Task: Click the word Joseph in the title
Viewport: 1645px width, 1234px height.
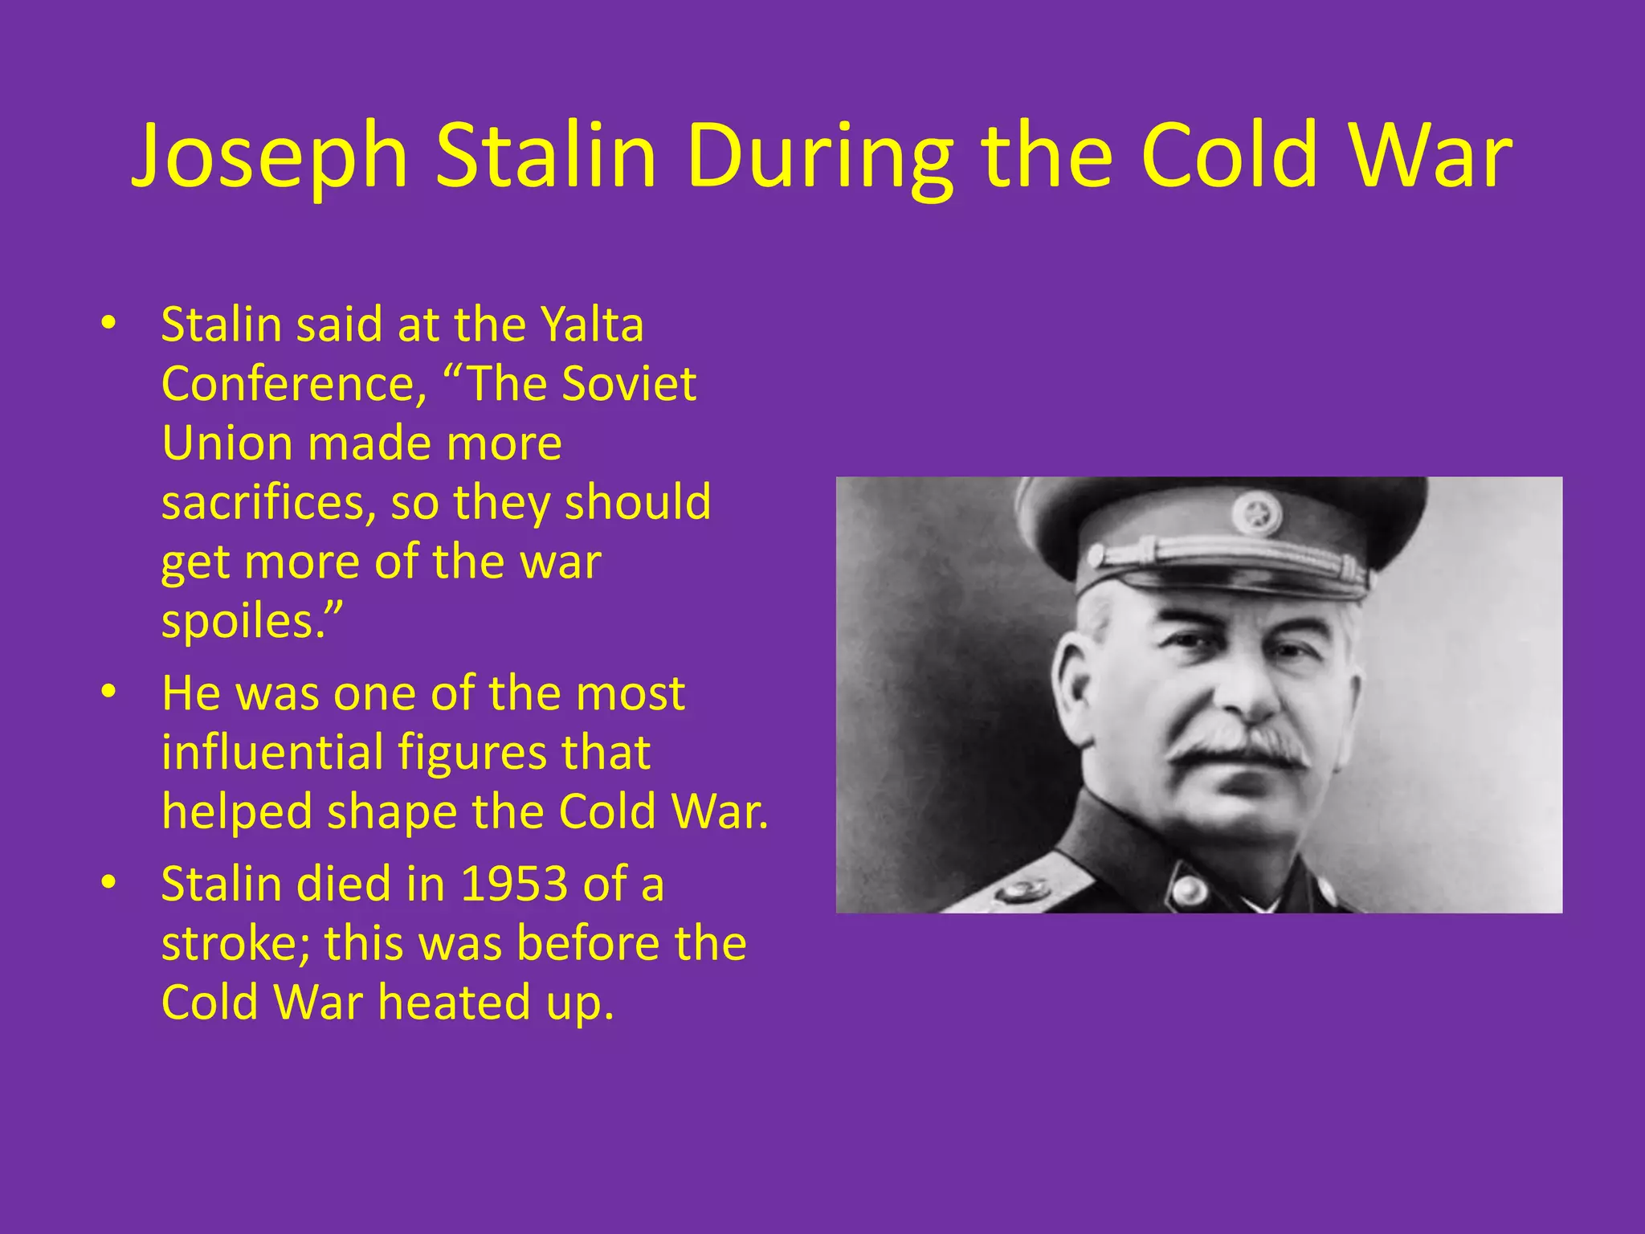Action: [270, 157]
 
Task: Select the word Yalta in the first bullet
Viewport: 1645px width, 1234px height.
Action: [592, 325]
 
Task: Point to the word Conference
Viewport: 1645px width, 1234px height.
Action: [294, 384]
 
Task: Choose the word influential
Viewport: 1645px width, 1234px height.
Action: [272, 753]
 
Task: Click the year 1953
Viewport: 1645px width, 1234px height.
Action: [514, 884]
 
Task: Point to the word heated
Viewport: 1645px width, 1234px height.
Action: [455, 1003]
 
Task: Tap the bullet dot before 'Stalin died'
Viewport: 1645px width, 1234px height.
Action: [109, 882]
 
